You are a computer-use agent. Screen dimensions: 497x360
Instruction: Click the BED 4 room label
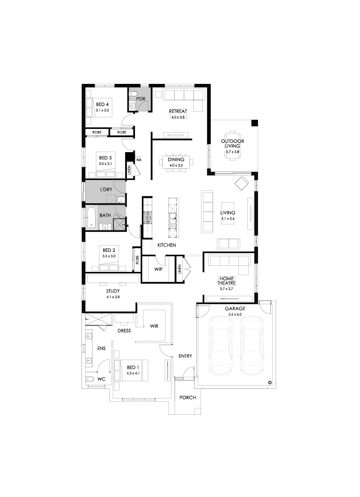(102, 104)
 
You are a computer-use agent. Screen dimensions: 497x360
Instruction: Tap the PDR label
(140, 99)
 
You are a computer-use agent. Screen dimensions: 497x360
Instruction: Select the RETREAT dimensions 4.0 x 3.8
(178, 117)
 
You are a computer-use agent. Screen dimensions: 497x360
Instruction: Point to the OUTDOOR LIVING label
(233, 144)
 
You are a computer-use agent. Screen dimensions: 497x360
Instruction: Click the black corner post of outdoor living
(255, 123)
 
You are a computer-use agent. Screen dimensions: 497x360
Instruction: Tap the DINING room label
(176, 160)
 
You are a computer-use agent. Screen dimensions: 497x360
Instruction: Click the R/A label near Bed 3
(139, 160)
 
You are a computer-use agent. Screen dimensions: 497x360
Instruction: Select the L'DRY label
(106, 189)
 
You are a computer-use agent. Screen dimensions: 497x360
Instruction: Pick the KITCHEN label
(167, 245)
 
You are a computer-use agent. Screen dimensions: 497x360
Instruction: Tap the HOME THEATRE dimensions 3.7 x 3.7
(227, 288)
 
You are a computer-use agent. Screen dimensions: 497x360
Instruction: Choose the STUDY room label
(113, 291)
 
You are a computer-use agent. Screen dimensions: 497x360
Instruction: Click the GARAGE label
(235, 309)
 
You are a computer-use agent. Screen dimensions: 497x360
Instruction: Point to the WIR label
(154, 326)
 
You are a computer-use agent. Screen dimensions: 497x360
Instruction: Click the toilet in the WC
(90, 379)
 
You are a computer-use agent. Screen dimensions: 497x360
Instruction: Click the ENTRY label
(185, 356)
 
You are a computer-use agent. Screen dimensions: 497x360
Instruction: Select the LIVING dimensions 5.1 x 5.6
(228, 218)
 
